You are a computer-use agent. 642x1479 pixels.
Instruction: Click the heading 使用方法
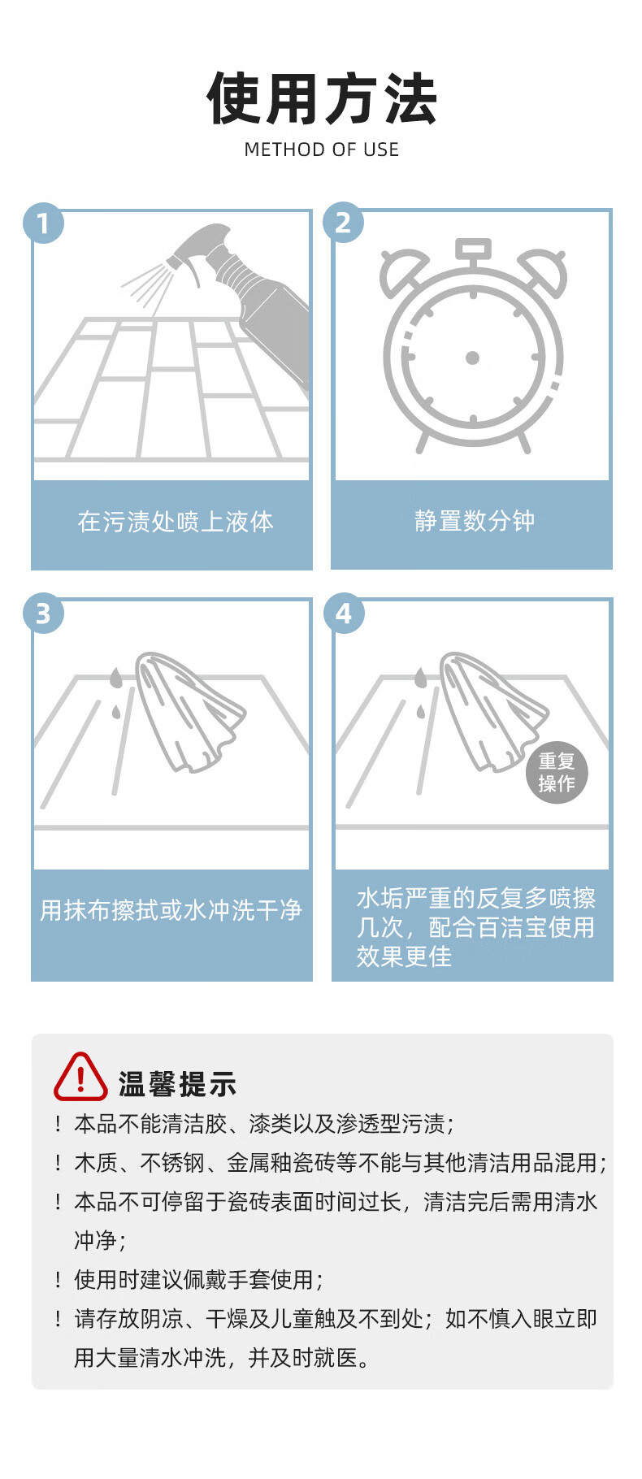coord(321,98)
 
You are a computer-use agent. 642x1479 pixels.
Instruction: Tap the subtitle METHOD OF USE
coord(322,150)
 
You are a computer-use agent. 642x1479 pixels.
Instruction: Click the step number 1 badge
coord(43,223)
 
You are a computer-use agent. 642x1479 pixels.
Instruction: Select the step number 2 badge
coord(343,223)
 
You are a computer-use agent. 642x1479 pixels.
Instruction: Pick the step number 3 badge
coord(43,613)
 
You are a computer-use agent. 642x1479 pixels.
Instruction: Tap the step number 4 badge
coord(344,613)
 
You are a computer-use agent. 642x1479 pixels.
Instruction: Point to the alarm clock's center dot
coord(472,358)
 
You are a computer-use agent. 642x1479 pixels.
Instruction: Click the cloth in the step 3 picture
coord(189,711)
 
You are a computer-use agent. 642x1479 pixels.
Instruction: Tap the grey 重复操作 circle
coord(557,773)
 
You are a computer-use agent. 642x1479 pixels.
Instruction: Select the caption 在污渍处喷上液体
coord(176,522)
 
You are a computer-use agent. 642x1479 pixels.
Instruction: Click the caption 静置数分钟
coord(475,521)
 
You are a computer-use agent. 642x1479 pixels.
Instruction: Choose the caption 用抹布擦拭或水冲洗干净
coord(171,910)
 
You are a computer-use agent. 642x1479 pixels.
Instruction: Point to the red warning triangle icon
coord(80,1078)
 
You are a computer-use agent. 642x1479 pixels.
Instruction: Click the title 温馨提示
coord(178,1084)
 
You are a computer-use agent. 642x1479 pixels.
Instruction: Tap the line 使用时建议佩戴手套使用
coord(199,1280)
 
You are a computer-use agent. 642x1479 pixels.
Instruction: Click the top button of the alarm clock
coord(473,247)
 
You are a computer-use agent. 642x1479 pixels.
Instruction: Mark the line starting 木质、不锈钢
coord(341,1163)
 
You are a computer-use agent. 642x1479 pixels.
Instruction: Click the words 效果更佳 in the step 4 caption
coord(404,956)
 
